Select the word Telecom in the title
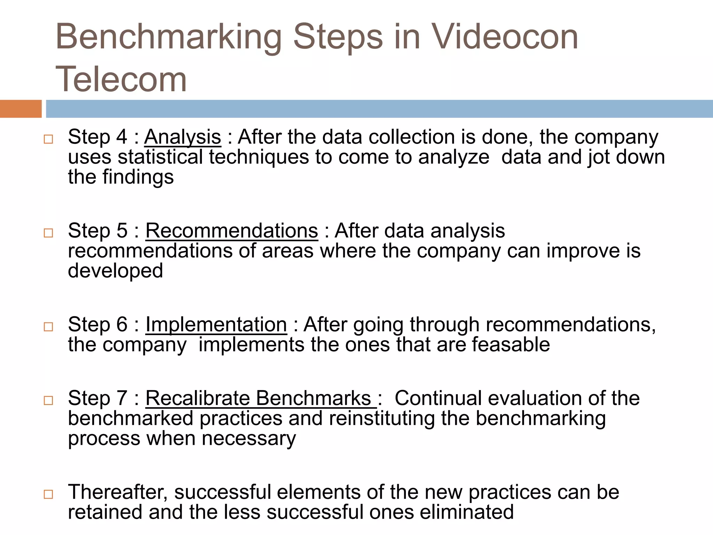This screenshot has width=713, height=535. tap(121, 79)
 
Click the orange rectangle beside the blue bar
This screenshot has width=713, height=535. tap(21, 109)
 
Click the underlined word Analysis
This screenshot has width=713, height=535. tap(182, 137)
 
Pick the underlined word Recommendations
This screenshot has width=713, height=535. tap(232, 231)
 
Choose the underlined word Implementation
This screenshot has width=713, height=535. tap(216, 325)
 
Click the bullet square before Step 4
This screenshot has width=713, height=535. tap(48, 139)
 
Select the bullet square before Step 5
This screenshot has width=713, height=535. tap(48, 233)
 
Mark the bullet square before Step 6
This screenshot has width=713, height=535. tap(48, 327)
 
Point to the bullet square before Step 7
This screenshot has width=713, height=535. tap(48, 401)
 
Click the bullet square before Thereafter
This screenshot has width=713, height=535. tap(48, 494)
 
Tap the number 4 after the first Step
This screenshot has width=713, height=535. tap(122, 137)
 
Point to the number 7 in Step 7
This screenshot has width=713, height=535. tap(122, 398)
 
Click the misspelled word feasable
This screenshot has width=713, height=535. tap(511, 345)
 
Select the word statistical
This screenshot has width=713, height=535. tap(160, 157)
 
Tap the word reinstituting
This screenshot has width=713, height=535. tap(382, 418)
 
